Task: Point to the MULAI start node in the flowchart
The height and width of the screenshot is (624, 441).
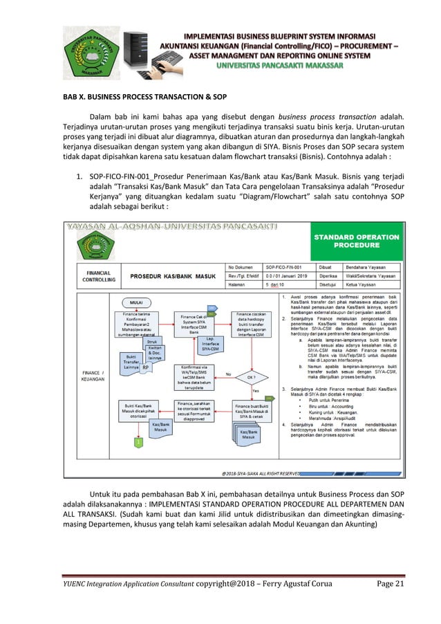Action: [137, 302]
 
